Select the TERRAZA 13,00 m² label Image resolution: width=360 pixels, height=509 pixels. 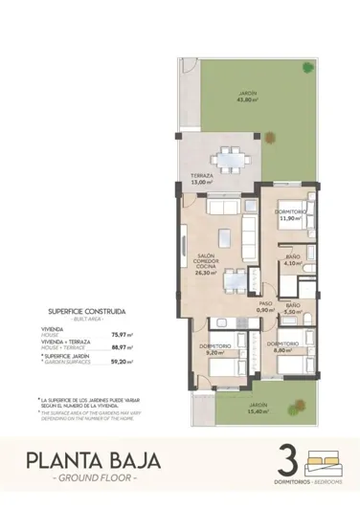click(x=200, y=180)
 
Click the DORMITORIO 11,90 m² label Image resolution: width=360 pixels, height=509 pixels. click(x=290, y=214)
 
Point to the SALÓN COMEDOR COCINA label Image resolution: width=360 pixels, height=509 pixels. click(x=205, y=264)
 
